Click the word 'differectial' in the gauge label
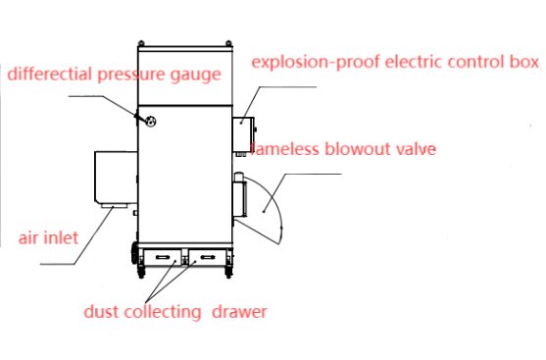point(50,74)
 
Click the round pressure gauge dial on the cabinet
point(150,122)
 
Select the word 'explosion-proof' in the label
point(316,63)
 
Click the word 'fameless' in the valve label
point(285,149)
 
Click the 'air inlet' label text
point(48,238)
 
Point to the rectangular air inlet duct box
point(116,178)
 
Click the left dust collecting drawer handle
point(163,257)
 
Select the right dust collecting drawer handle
point(207,257)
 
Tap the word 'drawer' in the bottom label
point(239,312)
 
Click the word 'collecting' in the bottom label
point(163,312)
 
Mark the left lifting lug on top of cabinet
point(141,43)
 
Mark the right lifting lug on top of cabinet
point(228,43)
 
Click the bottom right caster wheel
point(228,272)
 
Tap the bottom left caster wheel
point(141,272)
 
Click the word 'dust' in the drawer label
point(101,312)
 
